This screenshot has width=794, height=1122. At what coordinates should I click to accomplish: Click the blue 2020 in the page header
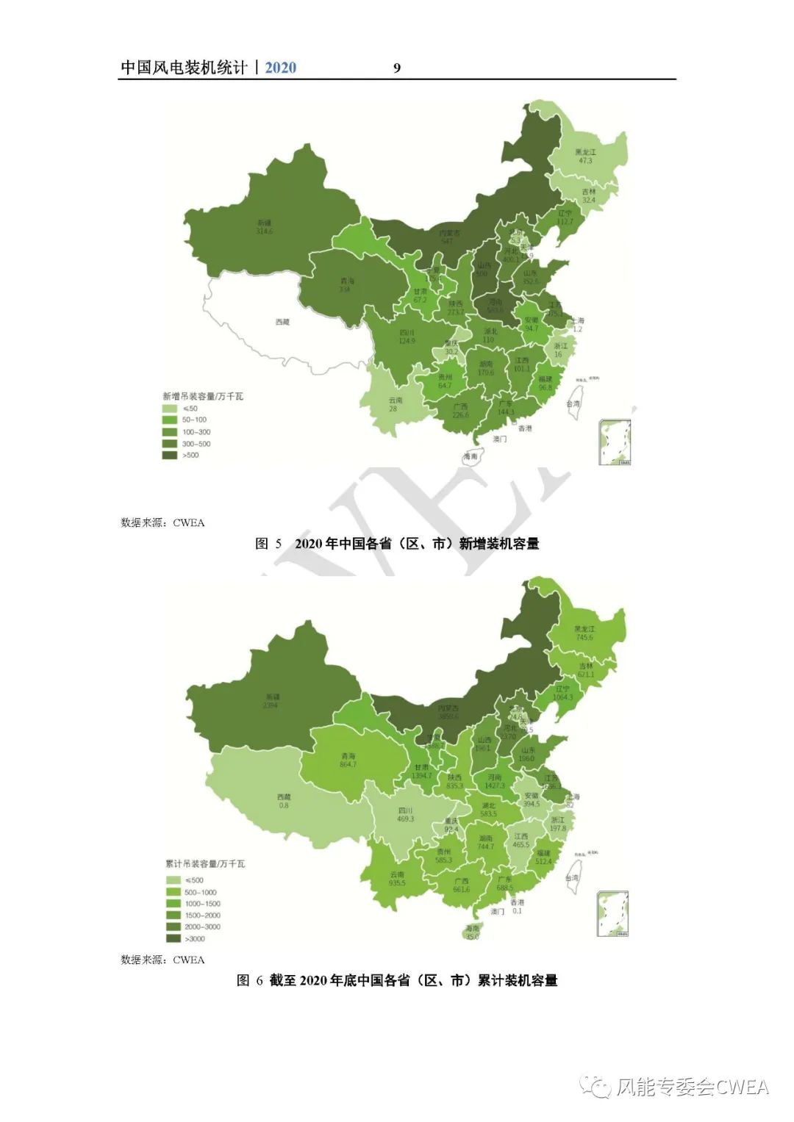[x=280, y=68]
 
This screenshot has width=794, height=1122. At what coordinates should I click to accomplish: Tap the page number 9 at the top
[x=397, y=68]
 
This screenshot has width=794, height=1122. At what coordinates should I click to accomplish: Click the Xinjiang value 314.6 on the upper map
[x=264, y=231]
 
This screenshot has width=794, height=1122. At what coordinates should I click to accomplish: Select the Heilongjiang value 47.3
[x=585, y=161]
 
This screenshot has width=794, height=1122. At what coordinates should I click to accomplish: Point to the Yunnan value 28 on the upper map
[x=393, y=409]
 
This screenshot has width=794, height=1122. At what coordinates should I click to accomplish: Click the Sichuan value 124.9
[x=407, y=341]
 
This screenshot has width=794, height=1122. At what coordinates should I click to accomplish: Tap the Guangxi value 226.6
[x=460, y=415]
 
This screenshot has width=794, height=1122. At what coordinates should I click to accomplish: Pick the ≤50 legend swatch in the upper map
[x=170, y=409]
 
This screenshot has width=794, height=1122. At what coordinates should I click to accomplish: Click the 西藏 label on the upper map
[x=282, y=322]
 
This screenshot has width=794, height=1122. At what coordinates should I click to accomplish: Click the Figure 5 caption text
[x=397, y=544]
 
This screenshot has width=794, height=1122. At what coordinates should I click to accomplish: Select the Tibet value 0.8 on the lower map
[x=284, y=805]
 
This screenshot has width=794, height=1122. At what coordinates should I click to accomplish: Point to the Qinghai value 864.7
[x=348, y=765]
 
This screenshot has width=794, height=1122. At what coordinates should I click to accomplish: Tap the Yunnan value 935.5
[x=397, y=883]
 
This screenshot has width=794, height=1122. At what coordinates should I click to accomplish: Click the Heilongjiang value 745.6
[x=584, y=638]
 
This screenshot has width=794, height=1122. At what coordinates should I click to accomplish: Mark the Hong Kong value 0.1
[x=518, y=911]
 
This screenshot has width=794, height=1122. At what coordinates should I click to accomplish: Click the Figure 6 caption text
[x=397, y=981]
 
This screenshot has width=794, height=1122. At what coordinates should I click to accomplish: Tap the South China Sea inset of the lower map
[x=613, y=914]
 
